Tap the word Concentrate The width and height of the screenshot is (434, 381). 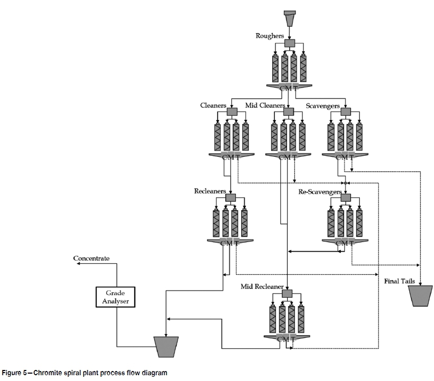92,258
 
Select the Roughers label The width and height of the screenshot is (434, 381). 269,36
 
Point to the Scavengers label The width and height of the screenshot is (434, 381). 323,106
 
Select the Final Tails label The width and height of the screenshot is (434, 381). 400,282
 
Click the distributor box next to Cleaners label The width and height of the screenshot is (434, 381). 232,112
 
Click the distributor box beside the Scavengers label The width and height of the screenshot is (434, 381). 346,112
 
